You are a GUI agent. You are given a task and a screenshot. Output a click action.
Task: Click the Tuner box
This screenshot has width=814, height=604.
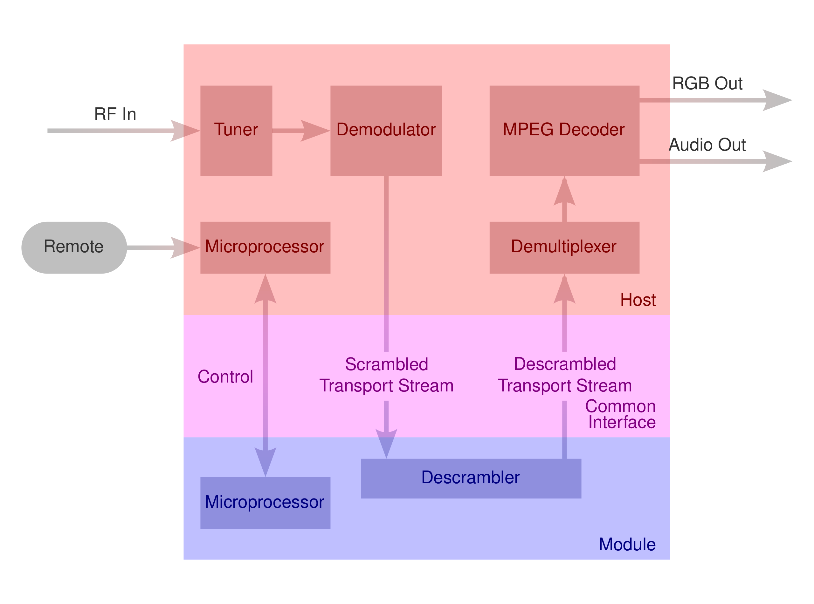click(x=236, y=131)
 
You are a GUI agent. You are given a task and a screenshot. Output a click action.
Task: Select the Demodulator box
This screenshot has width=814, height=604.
click(x=386, y=131)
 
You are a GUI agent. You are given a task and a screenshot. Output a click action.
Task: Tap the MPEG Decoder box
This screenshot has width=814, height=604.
click(x=564, y=131)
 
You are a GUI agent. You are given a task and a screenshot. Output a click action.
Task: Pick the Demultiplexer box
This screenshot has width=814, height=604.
click(x=564, y=248)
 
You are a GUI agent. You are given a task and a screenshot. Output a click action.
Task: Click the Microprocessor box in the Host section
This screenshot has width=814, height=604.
click(x=265, y=248)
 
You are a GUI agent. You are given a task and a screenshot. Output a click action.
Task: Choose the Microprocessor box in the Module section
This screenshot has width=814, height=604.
click(x=265, y=503)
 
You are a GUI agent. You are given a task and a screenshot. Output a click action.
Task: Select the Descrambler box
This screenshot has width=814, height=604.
click(x=471, y=478)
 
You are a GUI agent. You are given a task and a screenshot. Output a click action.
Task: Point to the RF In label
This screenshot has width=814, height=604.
click(x=115, y=114)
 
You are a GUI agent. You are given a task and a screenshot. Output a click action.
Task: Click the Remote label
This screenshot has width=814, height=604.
click(x=73, y=247)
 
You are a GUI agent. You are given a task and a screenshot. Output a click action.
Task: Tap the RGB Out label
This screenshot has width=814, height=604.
click(x=707, y=83)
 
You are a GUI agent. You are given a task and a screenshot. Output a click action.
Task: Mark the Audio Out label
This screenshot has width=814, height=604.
click(x=707, y=145)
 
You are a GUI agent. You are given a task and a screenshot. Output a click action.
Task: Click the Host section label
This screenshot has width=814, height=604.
click(x=638, y=300)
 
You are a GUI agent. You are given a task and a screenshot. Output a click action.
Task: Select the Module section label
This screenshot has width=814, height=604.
click(x=627, y=544)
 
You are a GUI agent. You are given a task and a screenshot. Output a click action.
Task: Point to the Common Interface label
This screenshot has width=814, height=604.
click(x=621, y=414)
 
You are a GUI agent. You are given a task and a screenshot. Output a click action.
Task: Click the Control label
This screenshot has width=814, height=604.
click(x=225, y=377)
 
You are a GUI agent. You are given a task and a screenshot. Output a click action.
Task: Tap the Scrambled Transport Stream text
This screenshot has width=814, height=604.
click(x=386, y=375)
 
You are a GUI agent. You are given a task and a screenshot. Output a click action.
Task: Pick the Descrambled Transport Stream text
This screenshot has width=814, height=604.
click(x=565, y=375)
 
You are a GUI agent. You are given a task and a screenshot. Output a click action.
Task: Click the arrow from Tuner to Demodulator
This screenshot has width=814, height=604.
click(x=300, y=131)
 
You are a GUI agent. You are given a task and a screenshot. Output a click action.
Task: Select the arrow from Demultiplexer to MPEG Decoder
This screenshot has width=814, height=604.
click(x=564, y=199)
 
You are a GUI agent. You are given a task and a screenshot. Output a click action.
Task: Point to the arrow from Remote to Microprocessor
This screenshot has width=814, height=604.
click(x=165, y=248)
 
